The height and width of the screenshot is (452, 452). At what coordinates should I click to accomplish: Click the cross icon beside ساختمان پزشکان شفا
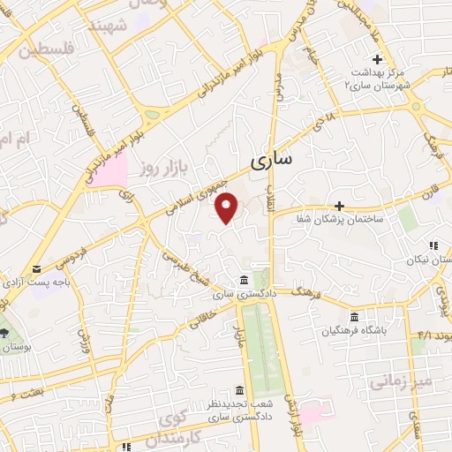coord(338,205)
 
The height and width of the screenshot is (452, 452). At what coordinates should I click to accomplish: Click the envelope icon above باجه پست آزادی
coord(36,269)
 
